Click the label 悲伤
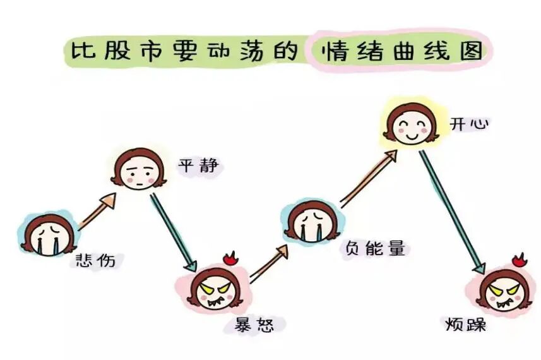(95, 260)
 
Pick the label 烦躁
(465, 326)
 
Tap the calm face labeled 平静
(136, 167)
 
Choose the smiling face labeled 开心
(410, 123)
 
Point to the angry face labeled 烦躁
(503, 292)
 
